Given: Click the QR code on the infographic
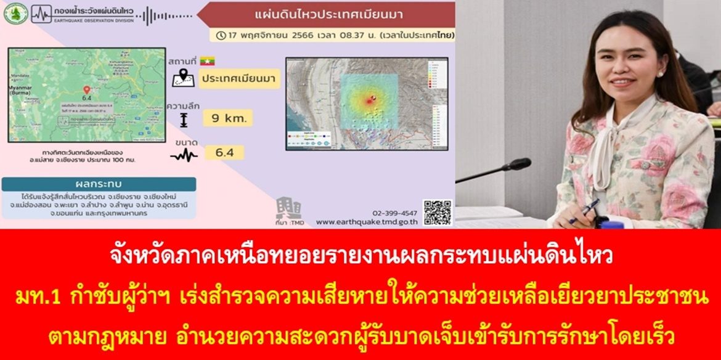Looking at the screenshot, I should point(437,212).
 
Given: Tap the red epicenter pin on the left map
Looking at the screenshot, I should point(86,90).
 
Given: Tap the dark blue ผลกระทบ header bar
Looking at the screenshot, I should point(99,184).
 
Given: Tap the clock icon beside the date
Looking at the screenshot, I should point(221,35).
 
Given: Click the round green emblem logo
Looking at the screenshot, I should point(15,14).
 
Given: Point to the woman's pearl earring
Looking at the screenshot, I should point(660,73).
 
